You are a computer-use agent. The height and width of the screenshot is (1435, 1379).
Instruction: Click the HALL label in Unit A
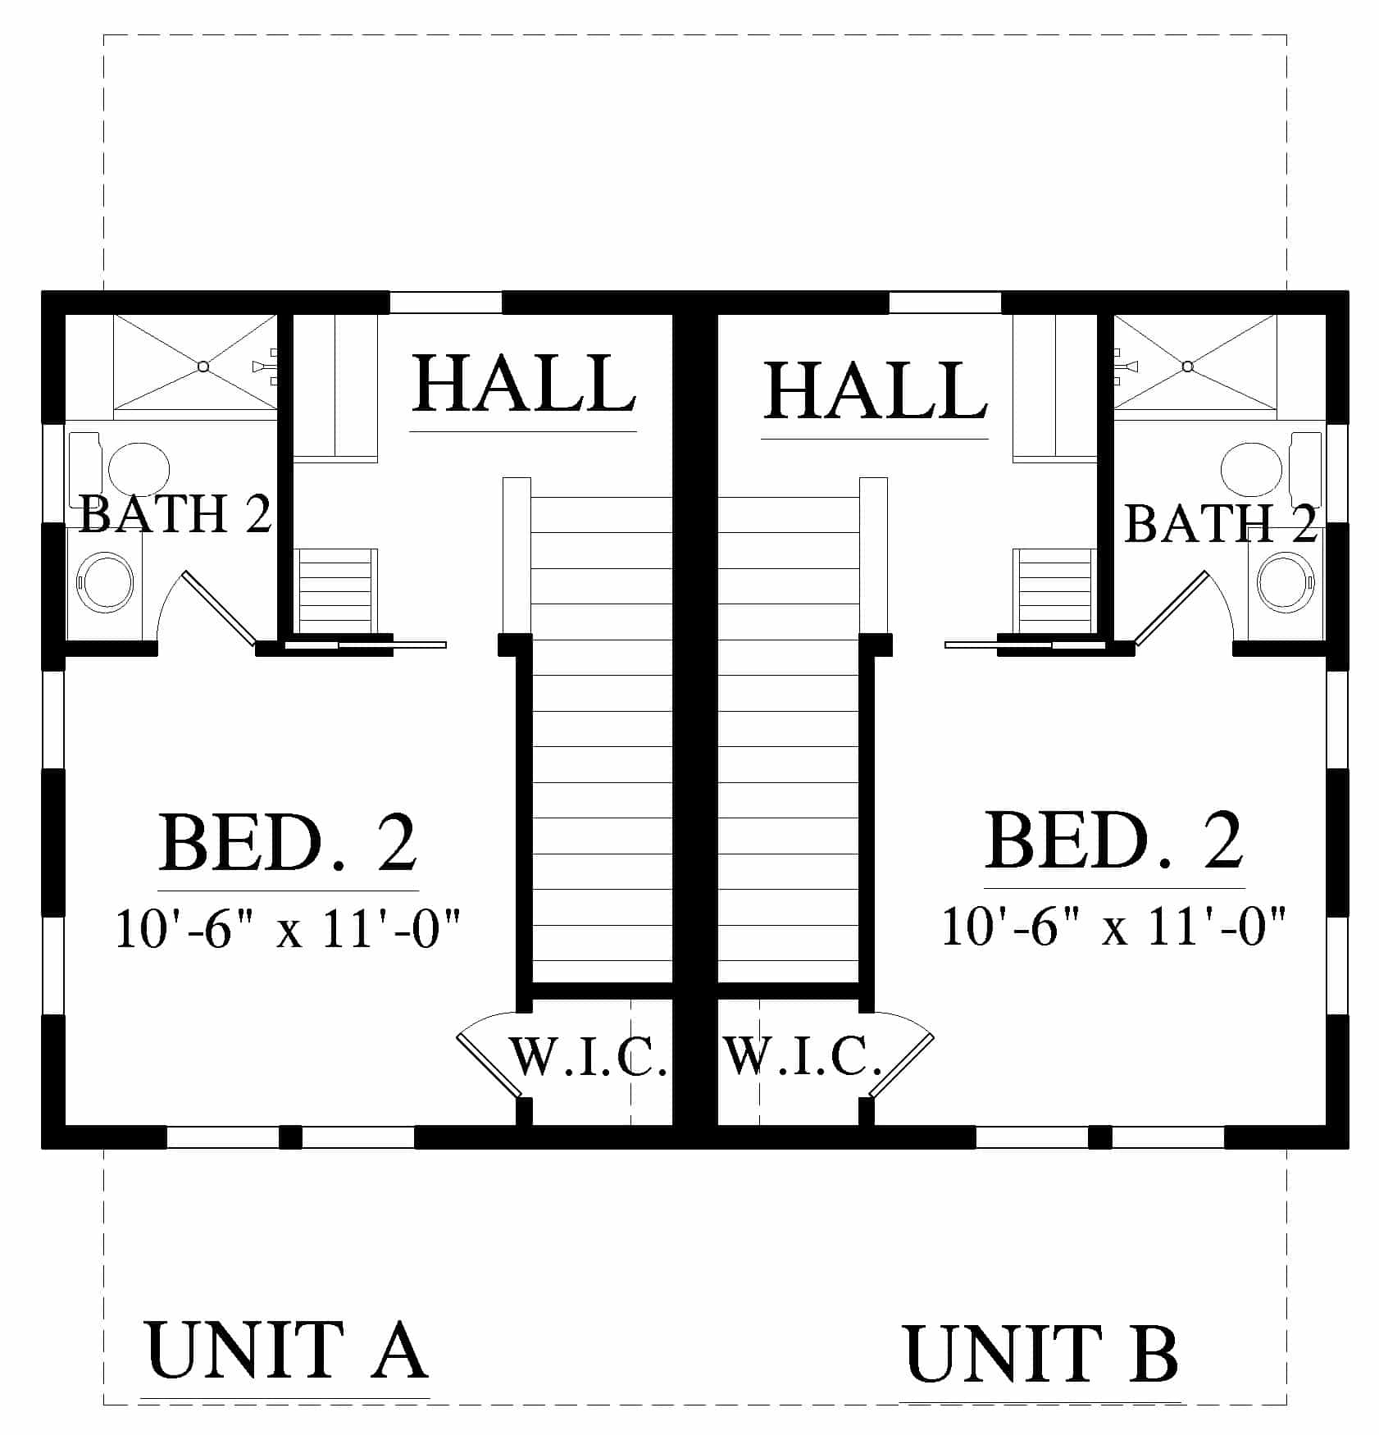pyautogui.click(x=524, y=383)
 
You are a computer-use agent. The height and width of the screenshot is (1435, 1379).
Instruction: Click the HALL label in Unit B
pyautogui.click(x=876, y=391)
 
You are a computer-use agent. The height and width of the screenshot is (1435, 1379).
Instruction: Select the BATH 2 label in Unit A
pyautogui.click(x=175, y=514)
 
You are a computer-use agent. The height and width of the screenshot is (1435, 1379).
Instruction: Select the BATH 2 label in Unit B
pyautogui.click(x=1221, y=523)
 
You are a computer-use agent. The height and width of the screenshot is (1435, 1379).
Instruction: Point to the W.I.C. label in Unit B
pyautogui.click(x=803, y=1056)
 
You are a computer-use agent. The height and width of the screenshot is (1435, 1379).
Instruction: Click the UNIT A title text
pyautogui.click(x=286, y=1350)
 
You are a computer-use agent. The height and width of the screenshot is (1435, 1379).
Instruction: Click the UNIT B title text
pyautogui.click(x=1041, y=1354)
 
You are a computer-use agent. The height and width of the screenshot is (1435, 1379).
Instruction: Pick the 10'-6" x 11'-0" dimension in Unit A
pyautogui.click(x=289, y=928)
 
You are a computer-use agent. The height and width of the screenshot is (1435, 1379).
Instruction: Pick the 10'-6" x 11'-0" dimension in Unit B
pyautogui.click(x=1113, y=926)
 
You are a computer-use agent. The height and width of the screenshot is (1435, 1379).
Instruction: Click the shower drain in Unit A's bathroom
pyautogui.click(x=203, y=367)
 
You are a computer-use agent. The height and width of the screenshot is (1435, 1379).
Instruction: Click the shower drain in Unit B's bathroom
pyautogui.click(x=1187, y=367)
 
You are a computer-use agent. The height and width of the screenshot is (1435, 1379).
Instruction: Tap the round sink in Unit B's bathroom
pyautogui.click(x=1286, y=582)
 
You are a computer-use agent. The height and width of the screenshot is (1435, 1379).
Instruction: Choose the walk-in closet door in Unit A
pyautogui.click(x=489, y=1064)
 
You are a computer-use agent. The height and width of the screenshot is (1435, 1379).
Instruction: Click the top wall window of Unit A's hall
pyautogui.click(x=445, y=303)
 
